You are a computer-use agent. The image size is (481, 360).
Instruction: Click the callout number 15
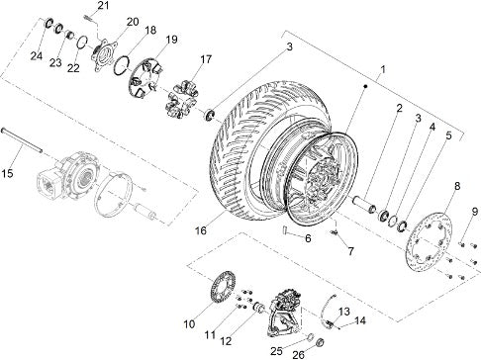7,173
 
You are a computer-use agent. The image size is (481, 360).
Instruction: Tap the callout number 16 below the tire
201,230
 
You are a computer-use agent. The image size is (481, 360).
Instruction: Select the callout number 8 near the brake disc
457,186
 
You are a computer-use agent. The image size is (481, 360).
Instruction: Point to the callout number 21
103,6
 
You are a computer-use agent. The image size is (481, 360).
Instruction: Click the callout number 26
299,354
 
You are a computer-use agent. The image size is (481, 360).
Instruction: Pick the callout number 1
383,69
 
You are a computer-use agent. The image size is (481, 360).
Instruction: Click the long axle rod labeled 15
22,140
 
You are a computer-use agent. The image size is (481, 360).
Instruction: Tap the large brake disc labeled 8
428,241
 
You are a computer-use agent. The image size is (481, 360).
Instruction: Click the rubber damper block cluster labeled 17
182,99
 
